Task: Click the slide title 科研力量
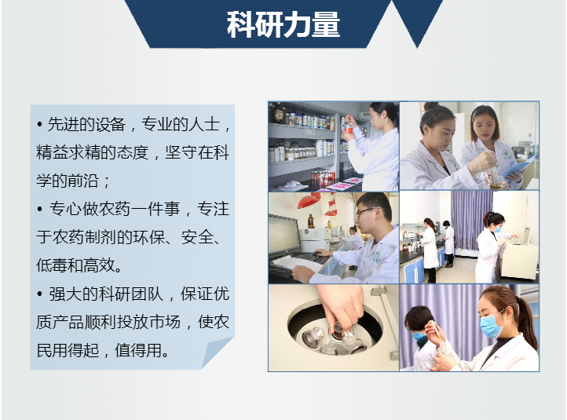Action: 283,24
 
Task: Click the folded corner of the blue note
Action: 217,352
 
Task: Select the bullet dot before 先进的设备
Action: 40,125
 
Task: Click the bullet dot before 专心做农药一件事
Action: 40,210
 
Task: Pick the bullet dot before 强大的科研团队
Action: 40,294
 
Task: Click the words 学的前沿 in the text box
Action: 68,181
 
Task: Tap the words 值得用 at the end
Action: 138,350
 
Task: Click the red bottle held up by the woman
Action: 349,128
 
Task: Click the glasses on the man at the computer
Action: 367,211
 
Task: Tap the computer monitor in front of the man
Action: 284,233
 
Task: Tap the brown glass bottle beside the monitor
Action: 311,221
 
